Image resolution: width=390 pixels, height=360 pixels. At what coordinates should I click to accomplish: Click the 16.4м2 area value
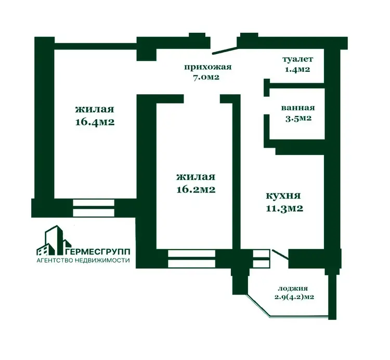coord(95,122)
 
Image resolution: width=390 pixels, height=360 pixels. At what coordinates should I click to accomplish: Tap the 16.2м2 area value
coord(196,189)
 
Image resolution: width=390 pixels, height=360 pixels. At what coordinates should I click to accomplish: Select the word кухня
coord(283,196)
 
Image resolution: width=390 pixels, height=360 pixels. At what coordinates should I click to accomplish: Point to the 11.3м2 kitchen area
coord(284,208)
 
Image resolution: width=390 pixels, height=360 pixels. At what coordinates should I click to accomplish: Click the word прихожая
coord(208,67)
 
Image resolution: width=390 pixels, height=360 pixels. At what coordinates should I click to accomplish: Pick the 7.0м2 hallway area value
coord(206,77)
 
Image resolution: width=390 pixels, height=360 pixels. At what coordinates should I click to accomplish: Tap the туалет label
coord(298,59)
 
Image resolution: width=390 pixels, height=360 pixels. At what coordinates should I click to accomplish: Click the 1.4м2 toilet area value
coord(297,69)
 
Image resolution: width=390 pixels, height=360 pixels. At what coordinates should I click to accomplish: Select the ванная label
coord(298,108)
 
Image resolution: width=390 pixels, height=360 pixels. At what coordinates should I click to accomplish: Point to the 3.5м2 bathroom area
coord(298,118)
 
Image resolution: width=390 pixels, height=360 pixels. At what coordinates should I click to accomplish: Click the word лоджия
coord(293,289)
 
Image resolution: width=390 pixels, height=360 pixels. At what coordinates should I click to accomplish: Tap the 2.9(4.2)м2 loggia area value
coord(294,297)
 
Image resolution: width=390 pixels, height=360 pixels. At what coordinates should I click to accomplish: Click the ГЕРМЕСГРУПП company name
coord(98,251)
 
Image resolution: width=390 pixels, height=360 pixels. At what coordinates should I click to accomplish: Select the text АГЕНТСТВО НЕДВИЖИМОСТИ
coord(83,261)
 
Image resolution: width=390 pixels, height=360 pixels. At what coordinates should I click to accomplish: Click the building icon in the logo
coord(54,240)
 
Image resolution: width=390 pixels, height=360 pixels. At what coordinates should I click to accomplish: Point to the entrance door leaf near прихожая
coord(224,50)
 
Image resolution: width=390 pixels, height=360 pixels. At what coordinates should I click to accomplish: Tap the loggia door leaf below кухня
coord(281,255)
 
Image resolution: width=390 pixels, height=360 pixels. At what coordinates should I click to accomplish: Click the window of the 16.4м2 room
coord(94,208)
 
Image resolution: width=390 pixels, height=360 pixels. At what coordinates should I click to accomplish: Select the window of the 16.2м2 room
coord(191,259)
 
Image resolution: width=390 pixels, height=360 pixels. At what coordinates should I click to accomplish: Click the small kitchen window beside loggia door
coord(261,259)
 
